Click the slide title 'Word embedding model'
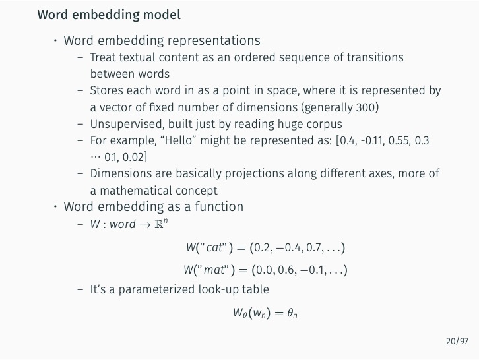(x=109, y=14)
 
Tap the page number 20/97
(x=457, y=341)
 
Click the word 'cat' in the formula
(x=215, y=248)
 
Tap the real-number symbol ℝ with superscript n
(x=158, y=224)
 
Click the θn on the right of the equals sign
(x=287, y=313)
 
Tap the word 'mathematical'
(x=133, y=191)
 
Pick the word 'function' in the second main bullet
(x=217, y=206)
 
